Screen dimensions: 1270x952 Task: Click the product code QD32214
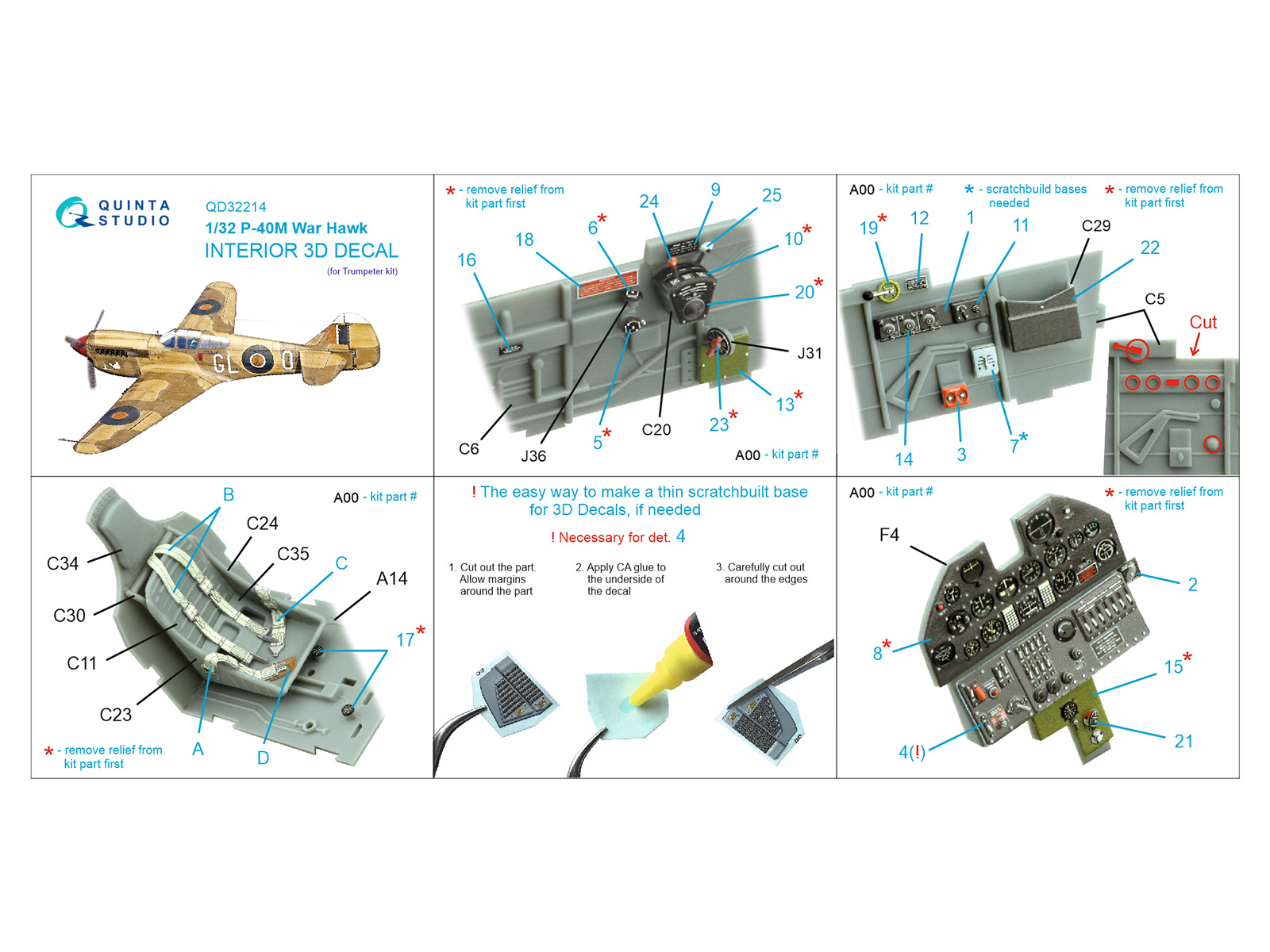236,207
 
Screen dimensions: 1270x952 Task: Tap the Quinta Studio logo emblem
74,212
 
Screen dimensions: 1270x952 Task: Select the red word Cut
1203,322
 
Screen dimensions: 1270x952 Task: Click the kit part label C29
1096,225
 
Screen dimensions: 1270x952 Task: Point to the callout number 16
467,260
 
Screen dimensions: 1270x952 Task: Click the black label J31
810,353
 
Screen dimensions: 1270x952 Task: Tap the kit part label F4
889,535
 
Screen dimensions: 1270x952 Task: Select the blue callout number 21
1183,741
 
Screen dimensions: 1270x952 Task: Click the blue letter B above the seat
229,495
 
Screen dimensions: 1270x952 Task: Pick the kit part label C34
63,563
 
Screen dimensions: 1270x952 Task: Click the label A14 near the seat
391,578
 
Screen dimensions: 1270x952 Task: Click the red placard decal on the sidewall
607,283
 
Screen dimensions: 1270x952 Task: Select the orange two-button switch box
955,395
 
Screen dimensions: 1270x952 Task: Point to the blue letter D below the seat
263,758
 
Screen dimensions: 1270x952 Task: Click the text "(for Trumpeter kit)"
362,271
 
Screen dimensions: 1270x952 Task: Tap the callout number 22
1149,248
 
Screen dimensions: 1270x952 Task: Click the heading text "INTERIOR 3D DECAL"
302,251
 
